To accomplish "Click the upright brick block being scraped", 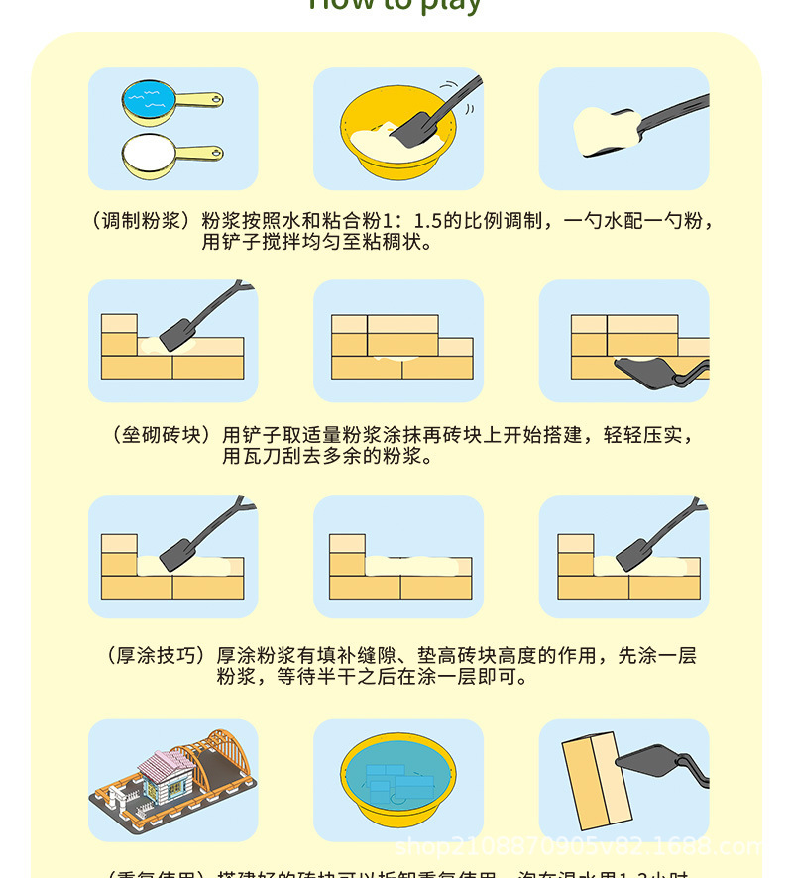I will click(596, 779).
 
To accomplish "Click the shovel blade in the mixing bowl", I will click(411, 128).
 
